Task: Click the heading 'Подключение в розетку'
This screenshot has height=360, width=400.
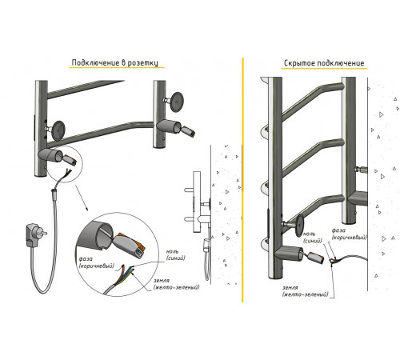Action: pos(114,62)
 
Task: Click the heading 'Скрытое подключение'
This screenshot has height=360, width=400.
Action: pos(324,63)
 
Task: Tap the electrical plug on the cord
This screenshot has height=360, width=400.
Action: pos(34,234)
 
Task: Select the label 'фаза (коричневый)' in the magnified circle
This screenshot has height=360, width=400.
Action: pos(96,262)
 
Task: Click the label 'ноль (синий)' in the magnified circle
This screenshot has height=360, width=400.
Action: pos(175,255)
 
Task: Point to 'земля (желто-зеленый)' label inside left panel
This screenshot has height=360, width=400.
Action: pos(176,284)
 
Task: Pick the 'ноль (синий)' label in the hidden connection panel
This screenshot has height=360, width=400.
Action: pos(312,238)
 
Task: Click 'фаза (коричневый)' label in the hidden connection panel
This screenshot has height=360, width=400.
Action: pos(349,234)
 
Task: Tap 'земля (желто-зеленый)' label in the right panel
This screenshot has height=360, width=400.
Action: pos(305,291)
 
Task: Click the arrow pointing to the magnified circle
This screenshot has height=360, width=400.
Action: pos(82,198)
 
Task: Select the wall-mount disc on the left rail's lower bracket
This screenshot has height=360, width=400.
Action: pos(58,130)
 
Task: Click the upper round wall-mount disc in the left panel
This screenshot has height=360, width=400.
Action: pos(176,102)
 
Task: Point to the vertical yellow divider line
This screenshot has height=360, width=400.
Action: pos(242,180)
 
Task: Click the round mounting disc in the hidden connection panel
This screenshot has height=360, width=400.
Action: pos(300,226)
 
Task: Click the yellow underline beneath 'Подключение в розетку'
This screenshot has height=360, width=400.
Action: pos(117,68)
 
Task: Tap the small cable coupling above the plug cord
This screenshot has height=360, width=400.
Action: pos(54,191)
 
